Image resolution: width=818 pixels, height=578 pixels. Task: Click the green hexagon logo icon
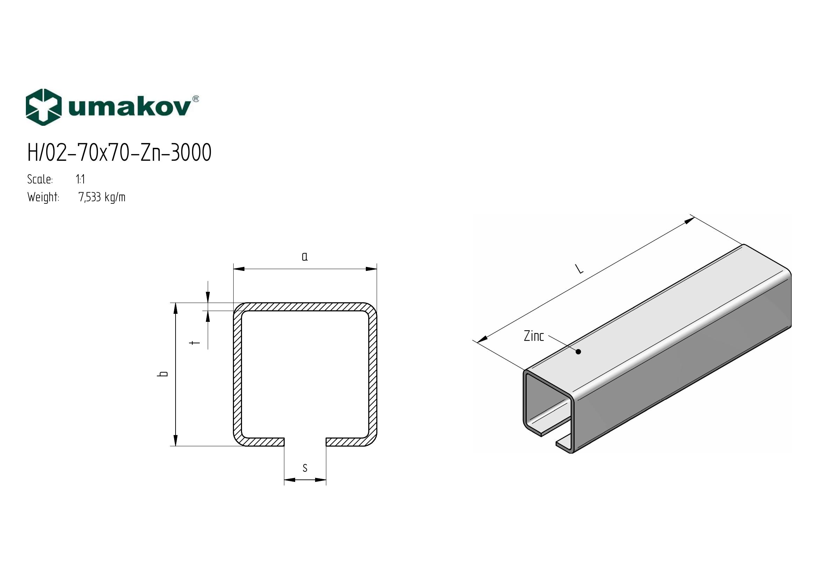click(x=44, y=107)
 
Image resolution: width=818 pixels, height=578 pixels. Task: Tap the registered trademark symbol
click(x=195, y=99)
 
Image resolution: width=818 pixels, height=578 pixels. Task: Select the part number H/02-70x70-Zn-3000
click(x=119, y=153)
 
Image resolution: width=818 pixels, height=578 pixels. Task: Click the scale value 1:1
click(x=80, y=179)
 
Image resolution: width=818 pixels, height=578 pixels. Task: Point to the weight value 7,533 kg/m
click(x=102, y=197)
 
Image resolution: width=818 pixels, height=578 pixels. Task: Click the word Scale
click(x=40, y=179)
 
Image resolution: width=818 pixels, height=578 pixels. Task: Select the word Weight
click(x=43, y=197)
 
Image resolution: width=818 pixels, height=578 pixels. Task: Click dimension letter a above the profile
click(x=305, y=256)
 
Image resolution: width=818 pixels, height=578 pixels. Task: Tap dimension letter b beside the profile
click(x=164, y=374)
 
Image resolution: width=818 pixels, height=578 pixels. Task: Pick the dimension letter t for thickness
click(x=194, y=343)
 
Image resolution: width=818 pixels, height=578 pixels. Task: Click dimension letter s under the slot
click(x=305, y=468)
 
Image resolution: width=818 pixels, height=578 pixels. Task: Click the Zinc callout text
click(x=534, y=336)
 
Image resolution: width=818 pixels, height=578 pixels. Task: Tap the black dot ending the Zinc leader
click(x=578, y=352)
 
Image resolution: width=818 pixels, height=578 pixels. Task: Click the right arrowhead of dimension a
click(x=372, y=269)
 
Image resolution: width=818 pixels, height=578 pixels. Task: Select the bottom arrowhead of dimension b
click(x=175, y=441)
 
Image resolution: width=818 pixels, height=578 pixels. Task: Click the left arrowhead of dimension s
click(x=290, y=480)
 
